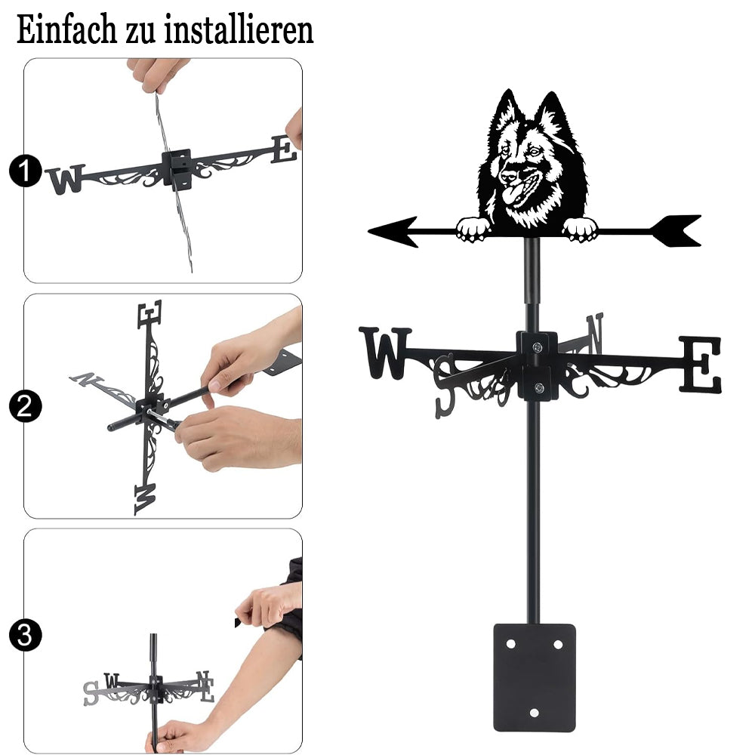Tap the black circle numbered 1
25,171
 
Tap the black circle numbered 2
25,406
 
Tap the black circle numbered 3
25,635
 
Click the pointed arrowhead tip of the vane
370,232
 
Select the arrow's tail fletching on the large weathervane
675,230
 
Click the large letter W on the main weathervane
385,353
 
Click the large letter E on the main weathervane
701,364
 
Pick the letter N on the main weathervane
595,332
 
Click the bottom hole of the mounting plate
534,713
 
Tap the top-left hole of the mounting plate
510,644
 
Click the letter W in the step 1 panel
66,179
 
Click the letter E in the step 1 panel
284,149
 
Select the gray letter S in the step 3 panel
90,693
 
